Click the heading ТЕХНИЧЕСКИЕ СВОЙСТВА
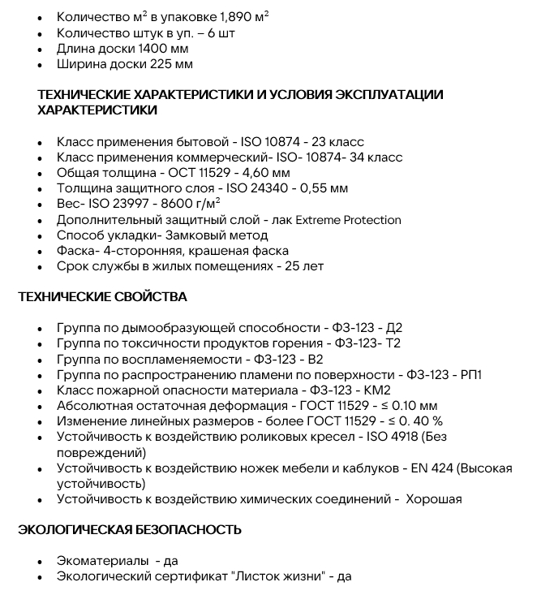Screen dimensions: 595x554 tap(102, 297)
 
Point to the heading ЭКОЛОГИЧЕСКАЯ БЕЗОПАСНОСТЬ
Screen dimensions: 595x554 tap(130, 530)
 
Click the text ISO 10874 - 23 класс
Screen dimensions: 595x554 tap(303, 142)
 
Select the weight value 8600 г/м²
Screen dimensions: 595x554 tap(192, 205)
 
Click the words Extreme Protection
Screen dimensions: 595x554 tap(350, 220)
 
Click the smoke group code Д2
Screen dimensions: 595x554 tap(393, 329)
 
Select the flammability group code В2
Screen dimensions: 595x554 tap(313, 360)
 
